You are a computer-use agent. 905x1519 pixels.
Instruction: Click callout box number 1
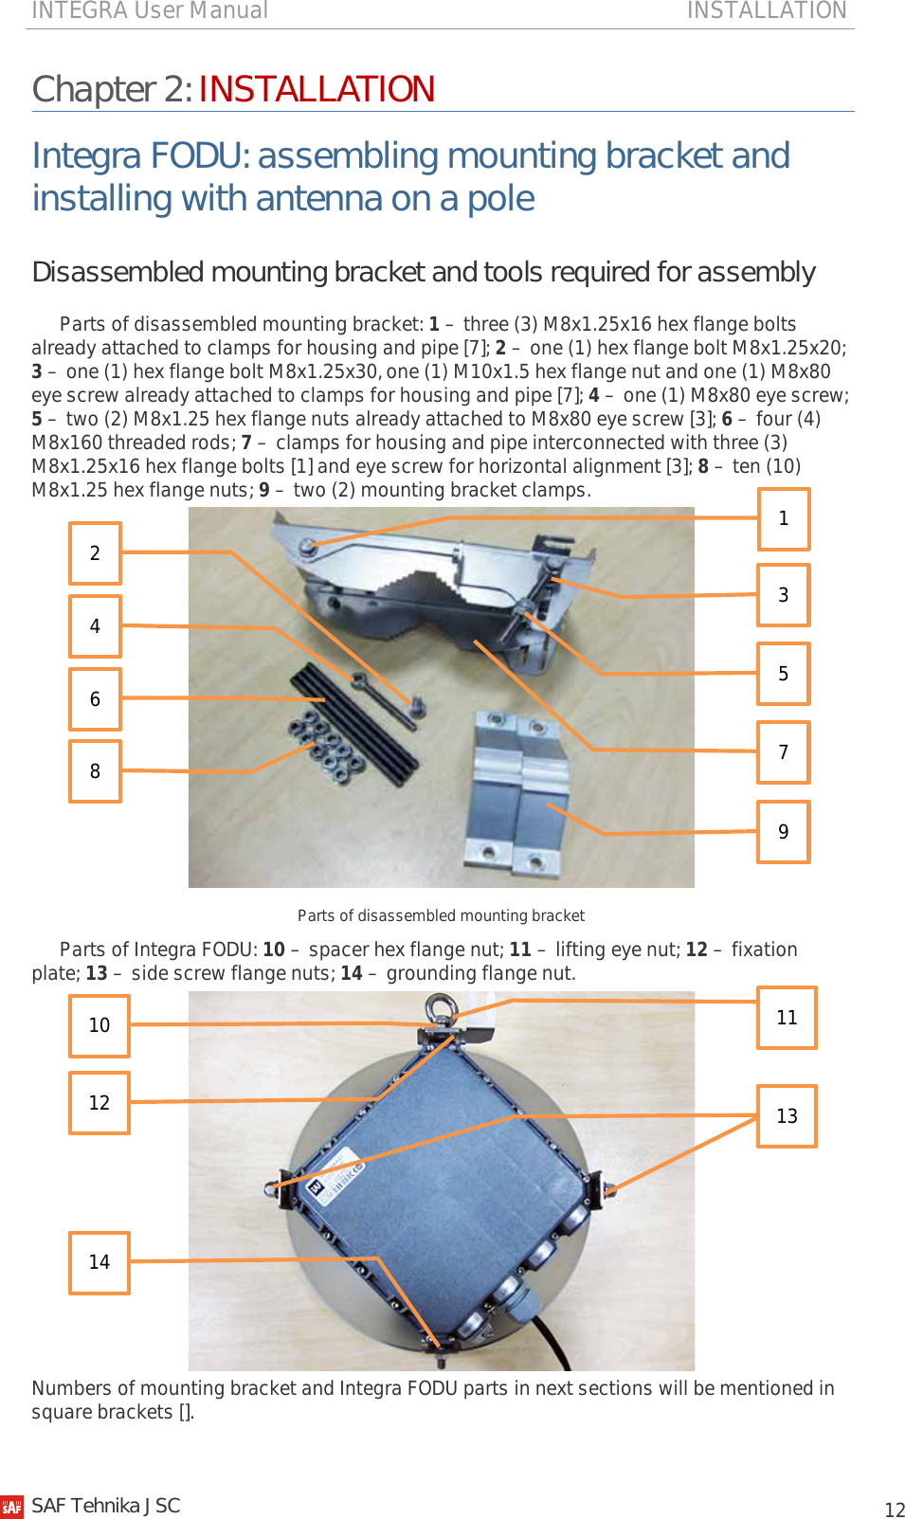click(x=784, y=518)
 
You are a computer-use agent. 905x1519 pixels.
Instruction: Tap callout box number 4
click(x=95, y=626)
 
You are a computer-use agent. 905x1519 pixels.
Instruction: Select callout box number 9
click(x=784, y=832)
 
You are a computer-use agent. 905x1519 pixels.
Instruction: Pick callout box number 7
click(x=784, y=752)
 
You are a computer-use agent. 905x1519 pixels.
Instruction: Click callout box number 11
click(x=787, y=1018)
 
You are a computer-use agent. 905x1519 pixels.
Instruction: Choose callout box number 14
click(x=100, y=1262)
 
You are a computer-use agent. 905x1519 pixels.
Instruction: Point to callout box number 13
click(x=787, y=1116)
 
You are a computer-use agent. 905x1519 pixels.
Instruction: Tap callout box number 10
click(x=100, y=1025)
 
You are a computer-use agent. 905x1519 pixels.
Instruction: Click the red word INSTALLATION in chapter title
click(x=317, y=89)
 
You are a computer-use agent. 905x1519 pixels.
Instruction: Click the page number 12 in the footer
click(x=894, y=1510)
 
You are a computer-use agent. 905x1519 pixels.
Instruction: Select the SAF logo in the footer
click(x=12, y=1507)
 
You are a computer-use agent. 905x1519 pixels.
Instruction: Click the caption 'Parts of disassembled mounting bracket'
click(x=441, y=915)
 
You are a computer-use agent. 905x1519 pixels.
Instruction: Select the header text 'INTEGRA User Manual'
click(x=150, y=10)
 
